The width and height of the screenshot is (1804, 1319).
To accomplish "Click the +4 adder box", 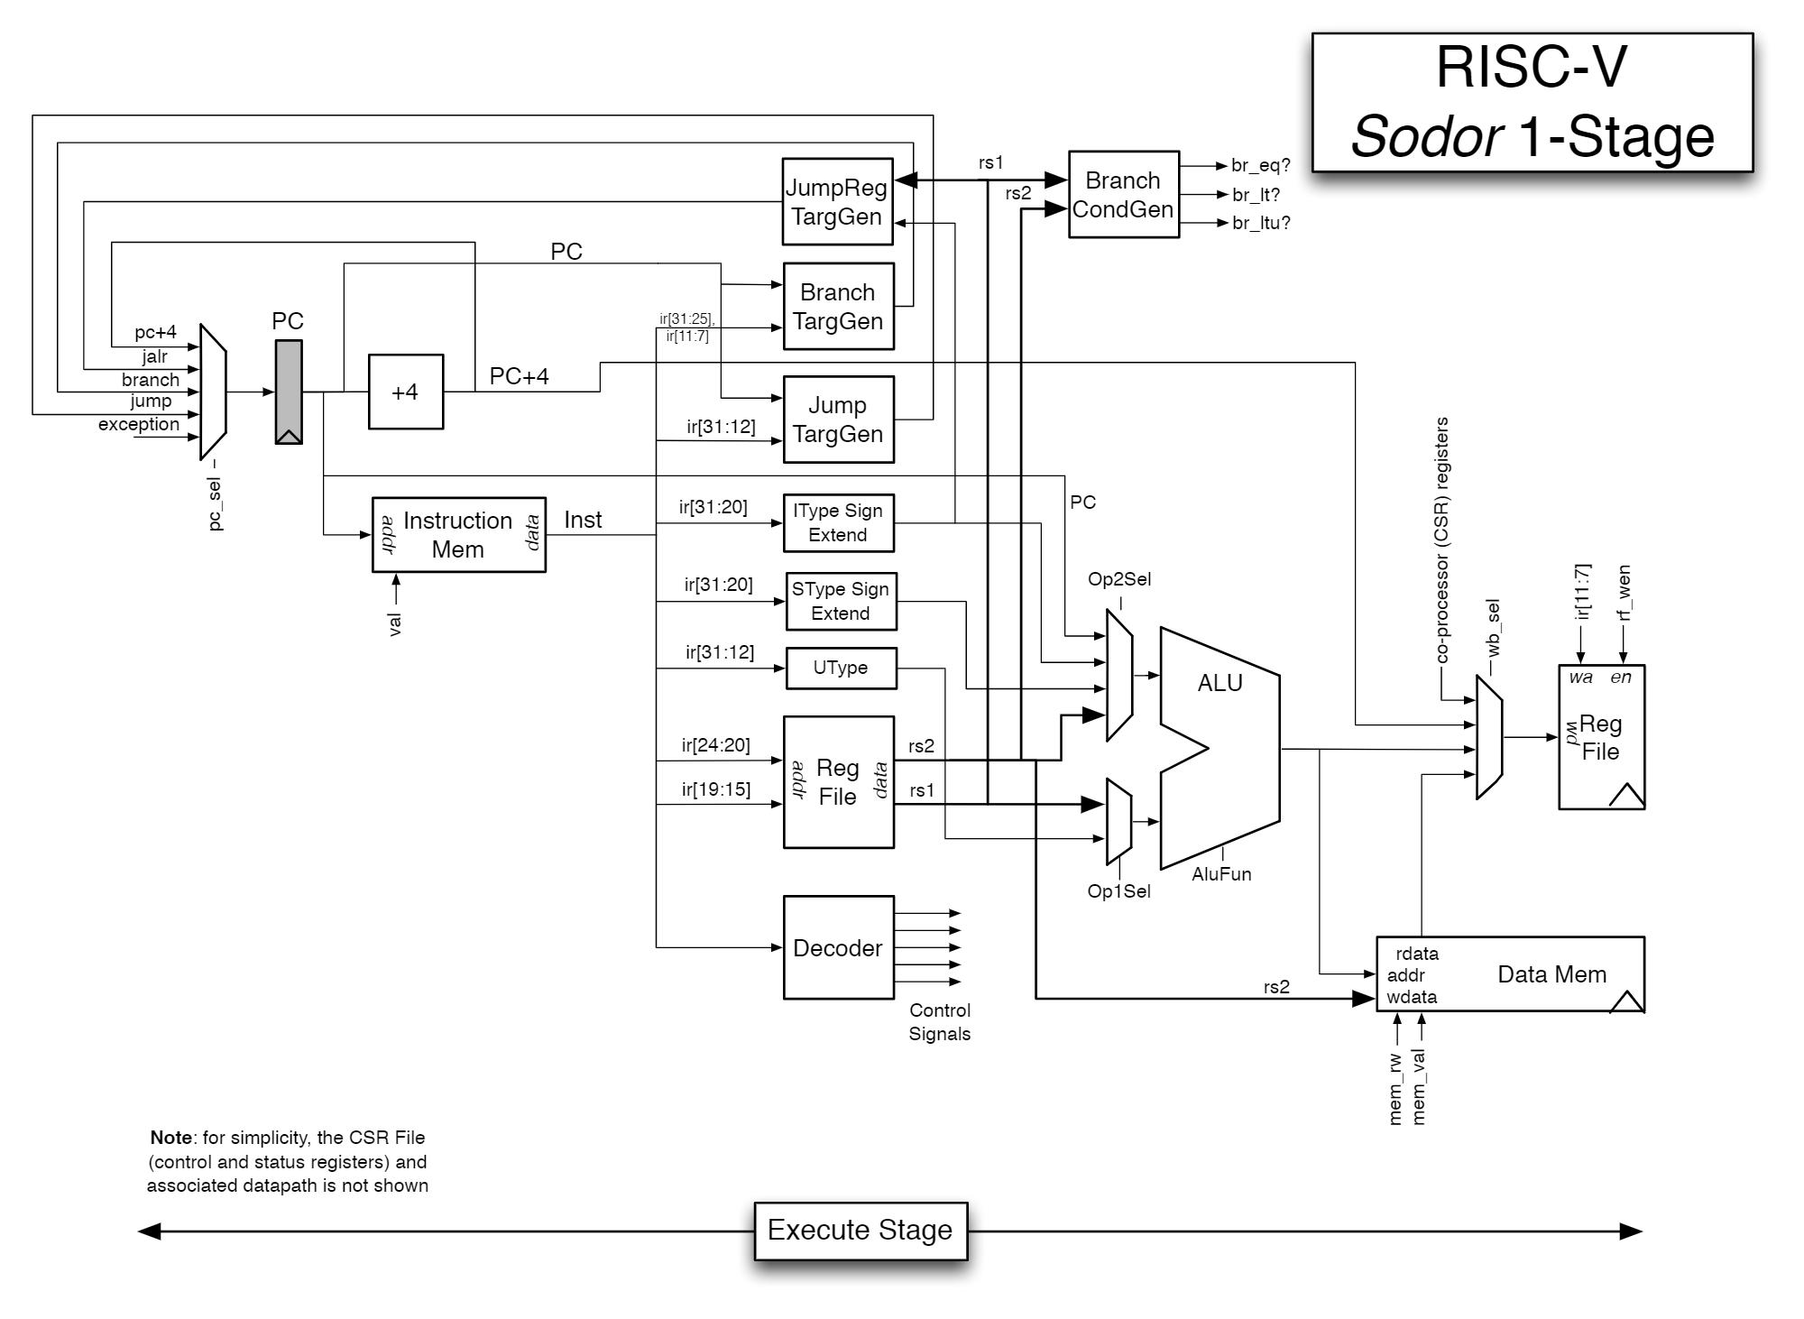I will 405,392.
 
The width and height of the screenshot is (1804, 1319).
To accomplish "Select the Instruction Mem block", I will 458,535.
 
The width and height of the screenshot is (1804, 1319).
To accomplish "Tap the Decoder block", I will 838,947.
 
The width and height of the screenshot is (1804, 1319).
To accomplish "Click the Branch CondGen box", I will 1123,195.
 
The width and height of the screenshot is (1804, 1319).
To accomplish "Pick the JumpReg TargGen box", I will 837,202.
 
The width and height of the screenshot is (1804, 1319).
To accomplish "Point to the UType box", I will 841,668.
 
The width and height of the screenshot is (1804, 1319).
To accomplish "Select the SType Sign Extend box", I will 841,601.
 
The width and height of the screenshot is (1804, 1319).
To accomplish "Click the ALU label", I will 1220,683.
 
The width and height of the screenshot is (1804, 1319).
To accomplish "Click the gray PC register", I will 289,392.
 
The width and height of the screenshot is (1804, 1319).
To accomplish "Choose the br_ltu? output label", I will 1261,223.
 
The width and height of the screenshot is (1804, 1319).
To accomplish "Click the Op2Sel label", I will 1118,579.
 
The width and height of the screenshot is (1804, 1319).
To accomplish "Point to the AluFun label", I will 1221,874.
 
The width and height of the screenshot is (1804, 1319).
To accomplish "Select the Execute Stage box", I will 861,1231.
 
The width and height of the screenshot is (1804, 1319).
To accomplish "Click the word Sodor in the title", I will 1426,137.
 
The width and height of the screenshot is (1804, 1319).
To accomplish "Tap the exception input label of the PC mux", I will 139,424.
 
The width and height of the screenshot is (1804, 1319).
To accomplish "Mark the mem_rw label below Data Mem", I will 1395,1088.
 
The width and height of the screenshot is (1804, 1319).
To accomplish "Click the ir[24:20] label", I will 715,745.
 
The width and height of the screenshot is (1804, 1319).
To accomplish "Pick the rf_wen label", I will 1624,594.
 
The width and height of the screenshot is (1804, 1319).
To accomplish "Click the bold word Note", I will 170,1138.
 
